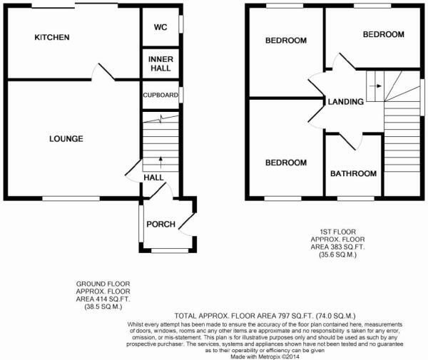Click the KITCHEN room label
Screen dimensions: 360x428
coord(52,37)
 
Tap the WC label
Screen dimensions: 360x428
coord(160,29)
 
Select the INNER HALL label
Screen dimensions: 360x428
coord(160,63)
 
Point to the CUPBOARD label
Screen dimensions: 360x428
coord(160,95)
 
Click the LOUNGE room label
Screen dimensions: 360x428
coord(66,138)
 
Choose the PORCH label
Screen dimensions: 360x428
coord(160,225)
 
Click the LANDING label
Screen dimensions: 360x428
coord(345,102)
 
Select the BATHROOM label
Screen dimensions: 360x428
coord(353,173)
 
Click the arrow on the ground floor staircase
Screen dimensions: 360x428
coord(160,160)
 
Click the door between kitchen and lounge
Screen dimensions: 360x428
coord(103,72)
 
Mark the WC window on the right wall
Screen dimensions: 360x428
coord(180,23)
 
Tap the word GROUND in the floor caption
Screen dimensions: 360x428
coord(89,284)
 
